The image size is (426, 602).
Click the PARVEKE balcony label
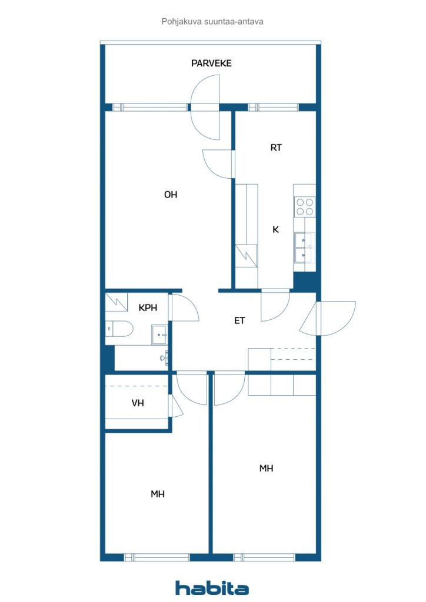pyautogui.click(x=211, y=63)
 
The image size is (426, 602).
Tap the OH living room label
pyautogui.click(x=171, y=195)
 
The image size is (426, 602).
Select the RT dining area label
pyautogui.click(x=276, y=148)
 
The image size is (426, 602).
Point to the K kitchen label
pyautogui.click(x=275, y=230)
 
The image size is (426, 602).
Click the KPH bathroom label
pyautogui.click(x=148, y=307)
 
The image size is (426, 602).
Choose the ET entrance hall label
pyautogui.click(x=239, y=320)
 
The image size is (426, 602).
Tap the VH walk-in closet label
pyautogui.click(x=138, y=403)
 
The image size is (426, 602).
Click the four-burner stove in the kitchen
pyautogui.click(x=305, y=206)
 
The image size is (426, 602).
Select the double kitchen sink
pyautogui.click(x=305, y=248)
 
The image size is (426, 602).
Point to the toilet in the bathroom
pyautogui.click(x=119, y=329)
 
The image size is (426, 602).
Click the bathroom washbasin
pyautogui.click(x=159, y=335)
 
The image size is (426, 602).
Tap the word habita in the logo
pyautogui.click(x=212, y=588)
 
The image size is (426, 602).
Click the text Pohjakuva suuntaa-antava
pyautogui.click(x=212, y=22)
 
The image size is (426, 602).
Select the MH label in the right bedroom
pyautogui.click(x=266, y=468)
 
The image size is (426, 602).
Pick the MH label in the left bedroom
pyautogui.click(x=158, y=494)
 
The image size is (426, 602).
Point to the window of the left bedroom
pyautogui.click(x=157, y=557)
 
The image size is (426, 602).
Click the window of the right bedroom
pyautogui.click(x=264, y=557)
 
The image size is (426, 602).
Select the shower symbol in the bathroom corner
pyautogui.click(x=117, y=302)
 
